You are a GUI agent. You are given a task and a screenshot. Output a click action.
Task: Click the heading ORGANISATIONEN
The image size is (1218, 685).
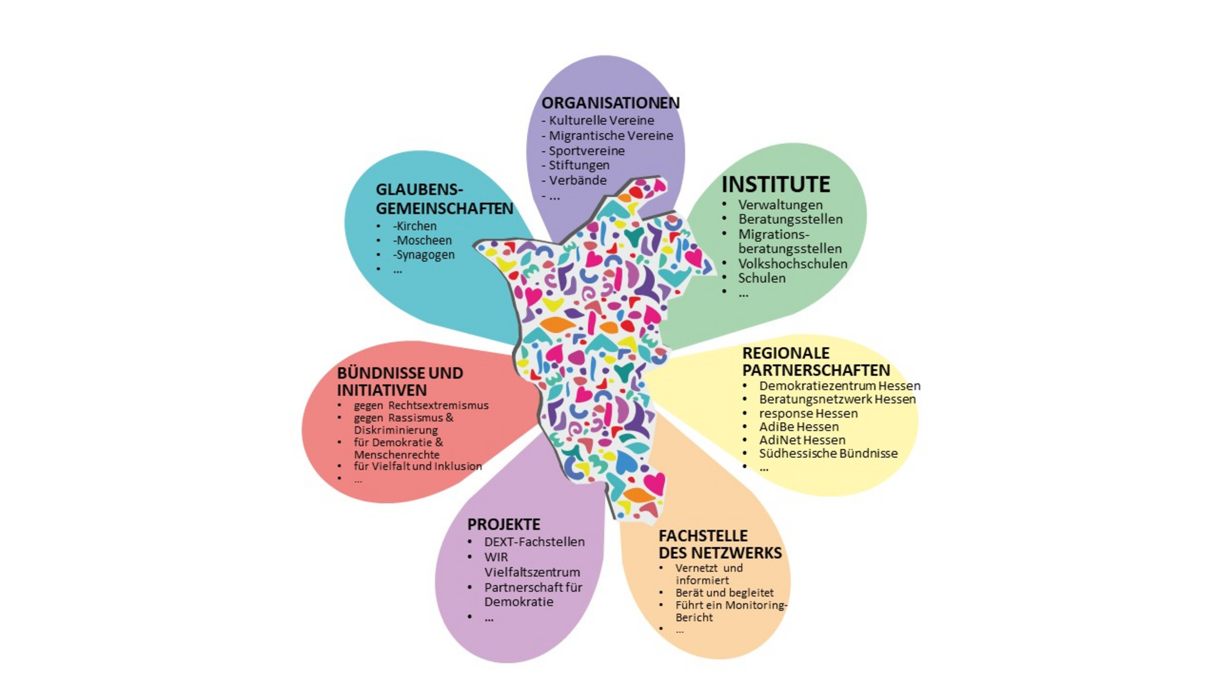coord(610,103)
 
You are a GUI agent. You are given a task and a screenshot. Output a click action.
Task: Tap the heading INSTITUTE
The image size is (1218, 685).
coord(775,184)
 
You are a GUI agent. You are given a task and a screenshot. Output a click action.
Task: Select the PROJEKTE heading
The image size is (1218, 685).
coord(503,524)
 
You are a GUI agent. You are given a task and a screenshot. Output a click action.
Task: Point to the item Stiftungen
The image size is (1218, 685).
coord(578,165)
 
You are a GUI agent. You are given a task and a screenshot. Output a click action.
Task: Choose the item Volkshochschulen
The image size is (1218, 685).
coord(792,264)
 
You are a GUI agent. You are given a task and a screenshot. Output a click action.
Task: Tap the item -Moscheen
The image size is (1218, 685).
coord(422,240)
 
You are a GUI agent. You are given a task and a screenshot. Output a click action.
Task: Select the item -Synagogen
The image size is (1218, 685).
coord(424,255)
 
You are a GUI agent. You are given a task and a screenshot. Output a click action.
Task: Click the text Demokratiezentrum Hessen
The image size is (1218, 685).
coord(839,386)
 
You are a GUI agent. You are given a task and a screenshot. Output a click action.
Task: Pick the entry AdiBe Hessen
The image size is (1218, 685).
coord(798,426)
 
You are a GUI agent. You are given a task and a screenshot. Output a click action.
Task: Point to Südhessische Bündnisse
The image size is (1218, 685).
coord(828,453)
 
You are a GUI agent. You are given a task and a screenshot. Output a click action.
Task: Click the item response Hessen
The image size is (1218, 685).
coord(808,413)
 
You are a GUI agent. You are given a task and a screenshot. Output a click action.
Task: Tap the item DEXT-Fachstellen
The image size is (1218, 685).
coord(534,542)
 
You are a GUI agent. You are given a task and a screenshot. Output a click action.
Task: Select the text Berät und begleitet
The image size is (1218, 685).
coord(724,593)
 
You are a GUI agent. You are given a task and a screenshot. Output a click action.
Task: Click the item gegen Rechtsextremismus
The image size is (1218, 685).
coord(421,405)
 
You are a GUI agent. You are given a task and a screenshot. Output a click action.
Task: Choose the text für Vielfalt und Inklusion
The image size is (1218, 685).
coord(417,466)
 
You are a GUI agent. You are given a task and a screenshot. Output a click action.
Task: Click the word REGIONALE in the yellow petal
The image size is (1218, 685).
coord(785,353)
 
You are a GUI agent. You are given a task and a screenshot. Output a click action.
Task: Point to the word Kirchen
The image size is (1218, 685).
coord(416,226)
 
